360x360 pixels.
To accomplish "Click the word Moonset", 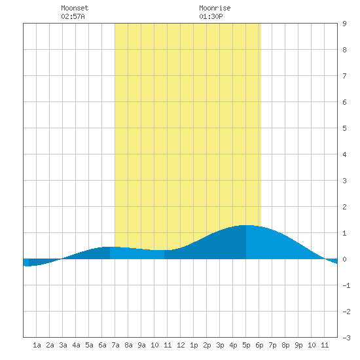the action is pos(75,8).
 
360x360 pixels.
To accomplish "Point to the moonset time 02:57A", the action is pos(73,16).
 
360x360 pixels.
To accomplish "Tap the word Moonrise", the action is pos(215,8).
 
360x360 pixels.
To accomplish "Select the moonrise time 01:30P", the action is pos(211,16).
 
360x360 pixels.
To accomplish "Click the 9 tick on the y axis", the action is pos(344,24).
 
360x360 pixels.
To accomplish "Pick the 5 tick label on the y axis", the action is pos(344,128).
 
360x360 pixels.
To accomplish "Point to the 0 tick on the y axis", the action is pos(344,259).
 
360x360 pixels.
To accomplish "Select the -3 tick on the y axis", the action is pos(346,338).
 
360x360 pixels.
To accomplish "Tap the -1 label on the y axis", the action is pos(346,285).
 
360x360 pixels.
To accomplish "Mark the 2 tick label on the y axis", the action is pos(344,207).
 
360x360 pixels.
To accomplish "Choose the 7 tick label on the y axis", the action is pos(344,76).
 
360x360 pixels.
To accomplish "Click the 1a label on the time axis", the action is pos(37,345).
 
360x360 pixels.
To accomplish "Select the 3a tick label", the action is pos(63,345).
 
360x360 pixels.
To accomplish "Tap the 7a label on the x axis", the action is pos(115,345).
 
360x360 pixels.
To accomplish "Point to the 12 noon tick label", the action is pos(181,345).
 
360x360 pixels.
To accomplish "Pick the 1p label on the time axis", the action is pos(194,345).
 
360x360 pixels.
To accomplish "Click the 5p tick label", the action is pos(246,345).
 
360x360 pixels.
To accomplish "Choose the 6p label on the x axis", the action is pos(259,345).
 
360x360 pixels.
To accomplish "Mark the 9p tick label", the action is pos(298,345).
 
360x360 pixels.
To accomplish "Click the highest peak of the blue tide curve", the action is pos(246,225).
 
